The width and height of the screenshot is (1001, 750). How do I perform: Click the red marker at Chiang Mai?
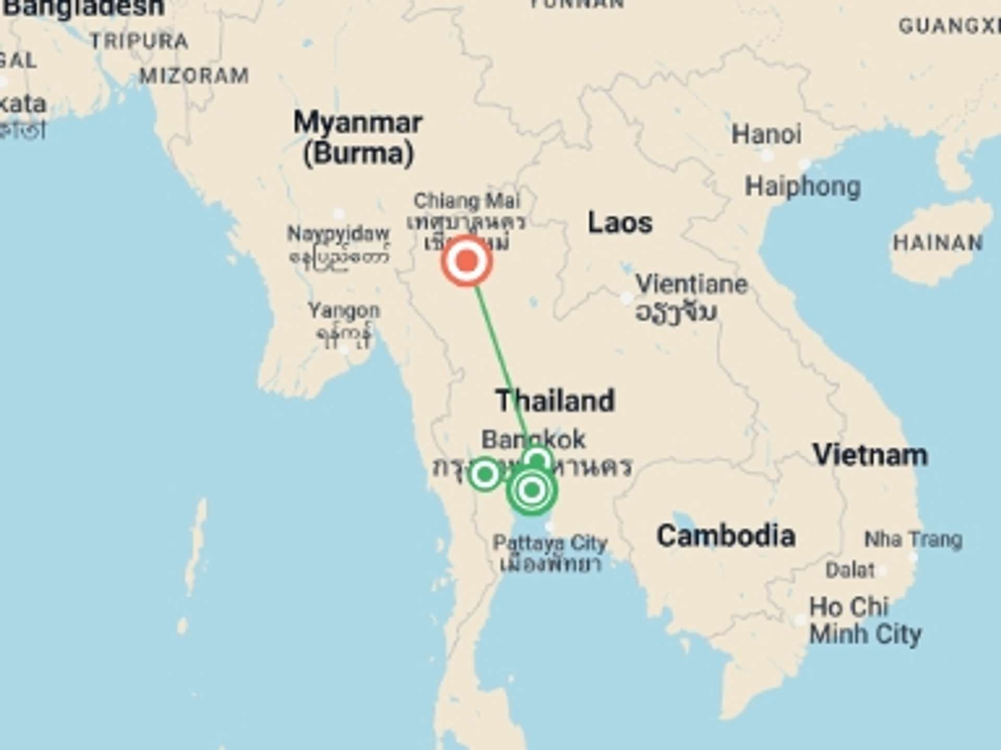[467, 260]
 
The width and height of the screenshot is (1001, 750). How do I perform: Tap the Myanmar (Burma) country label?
[358, 138]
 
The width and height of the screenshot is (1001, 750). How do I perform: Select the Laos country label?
[620, 223]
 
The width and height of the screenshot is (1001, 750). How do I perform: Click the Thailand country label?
[555, 401]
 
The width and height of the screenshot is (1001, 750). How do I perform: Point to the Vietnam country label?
[870, 455]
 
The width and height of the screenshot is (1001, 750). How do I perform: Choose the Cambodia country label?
[726, 536]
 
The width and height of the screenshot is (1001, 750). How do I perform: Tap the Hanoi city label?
[766, 134]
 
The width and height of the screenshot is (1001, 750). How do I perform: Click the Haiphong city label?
[802, 186]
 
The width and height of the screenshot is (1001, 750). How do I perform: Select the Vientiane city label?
[691, 284]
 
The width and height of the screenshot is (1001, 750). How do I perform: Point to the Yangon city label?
[344, 311]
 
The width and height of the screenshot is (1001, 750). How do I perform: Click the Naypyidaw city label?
[338, 234]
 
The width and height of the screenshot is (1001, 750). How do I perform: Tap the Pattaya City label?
[550, 543]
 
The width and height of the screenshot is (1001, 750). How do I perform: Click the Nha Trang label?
[913, 540]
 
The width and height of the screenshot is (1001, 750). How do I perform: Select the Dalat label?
[850, 570]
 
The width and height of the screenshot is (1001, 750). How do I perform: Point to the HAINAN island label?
[937, 243]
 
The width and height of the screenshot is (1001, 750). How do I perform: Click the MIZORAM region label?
[194, 77]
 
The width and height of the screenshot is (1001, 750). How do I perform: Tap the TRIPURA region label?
[139, 41]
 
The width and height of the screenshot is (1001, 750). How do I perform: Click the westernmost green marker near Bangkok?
[485, 474]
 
